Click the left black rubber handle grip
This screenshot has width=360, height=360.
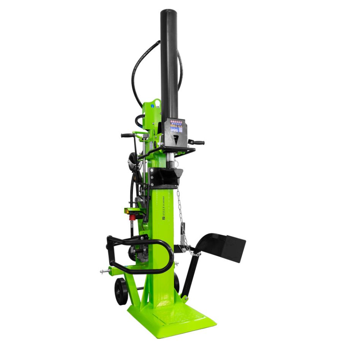tap(126, 135)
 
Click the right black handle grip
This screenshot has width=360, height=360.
tap(197, 142)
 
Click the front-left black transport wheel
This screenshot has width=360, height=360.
tap(121, 291)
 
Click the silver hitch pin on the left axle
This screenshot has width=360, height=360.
tap(104, 271)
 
